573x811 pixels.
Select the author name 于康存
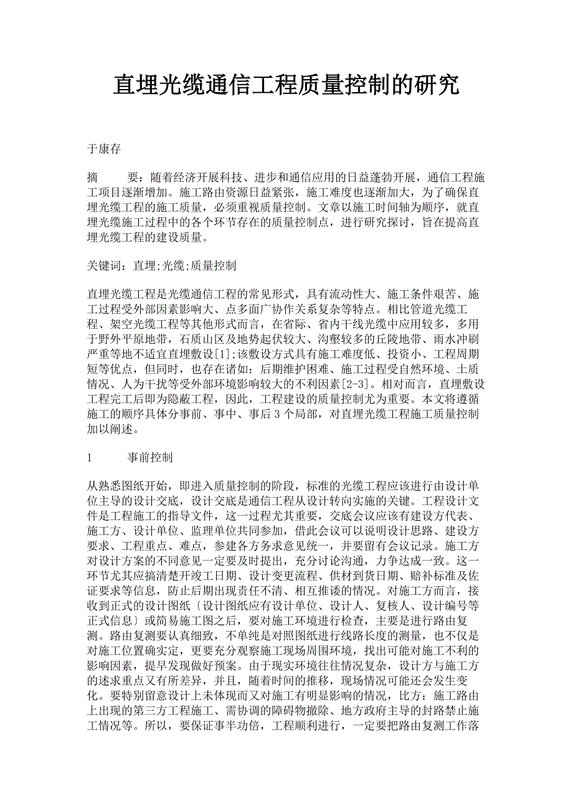[104, 149]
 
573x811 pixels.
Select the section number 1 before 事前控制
[91, 457]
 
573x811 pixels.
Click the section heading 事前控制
[150, 457]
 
